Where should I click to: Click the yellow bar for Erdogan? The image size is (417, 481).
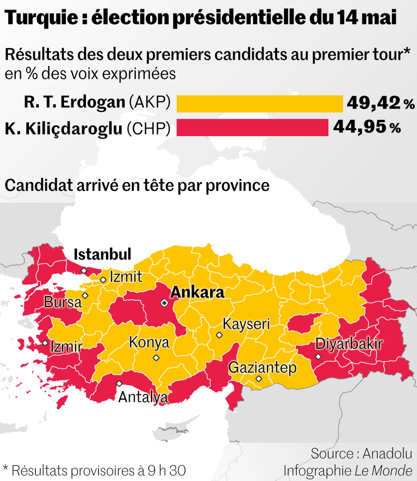(x=259, y=104)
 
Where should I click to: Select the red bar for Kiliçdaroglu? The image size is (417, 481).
(x=252, y=128)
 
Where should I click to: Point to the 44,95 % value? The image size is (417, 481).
(x=367, y=127)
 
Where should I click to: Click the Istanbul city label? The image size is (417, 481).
(x=102, y=254)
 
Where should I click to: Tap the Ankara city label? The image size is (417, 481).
(x=197, y=293)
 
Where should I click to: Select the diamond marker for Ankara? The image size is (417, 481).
(x=165, y=303)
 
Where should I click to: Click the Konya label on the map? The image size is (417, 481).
(x=149, y=343)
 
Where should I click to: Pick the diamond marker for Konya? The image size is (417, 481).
(x=156, y=358)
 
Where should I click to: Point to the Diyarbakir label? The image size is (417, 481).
(x=349, y=344)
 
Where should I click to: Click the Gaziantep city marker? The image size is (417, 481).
(x=259, y=379)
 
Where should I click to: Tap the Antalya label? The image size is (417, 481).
(x=143, y=397)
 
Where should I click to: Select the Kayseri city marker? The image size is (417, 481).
(x=219, y=335)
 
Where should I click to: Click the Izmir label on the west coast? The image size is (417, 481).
(x=66, y=346)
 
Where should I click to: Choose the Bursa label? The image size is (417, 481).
(x=63, y=302)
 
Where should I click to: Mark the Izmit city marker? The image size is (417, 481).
(x=103, y=280)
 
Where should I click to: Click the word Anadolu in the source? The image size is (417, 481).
(x=387, y=454)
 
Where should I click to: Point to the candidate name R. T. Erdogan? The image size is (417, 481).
(x=74, y=103)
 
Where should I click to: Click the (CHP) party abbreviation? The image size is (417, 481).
(x=148, y=129)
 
